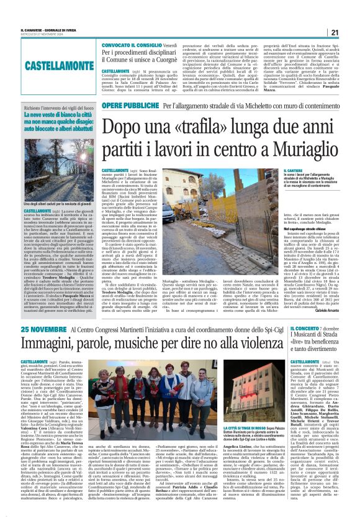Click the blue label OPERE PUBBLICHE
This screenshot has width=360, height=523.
pyautogui.click(x=124, y=106)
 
